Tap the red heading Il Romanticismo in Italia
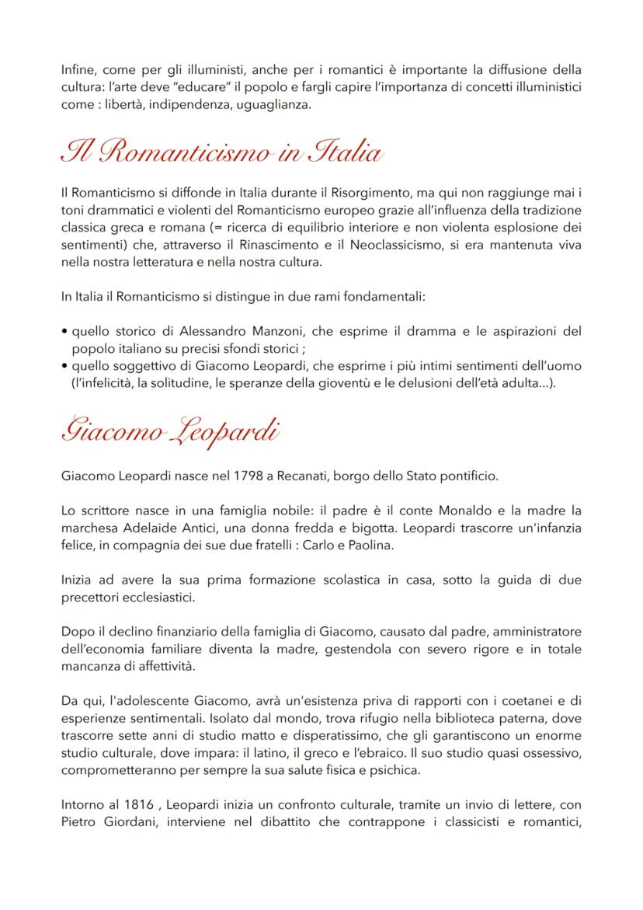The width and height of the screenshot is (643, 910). pyautogui.click(x=221, y=150)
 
